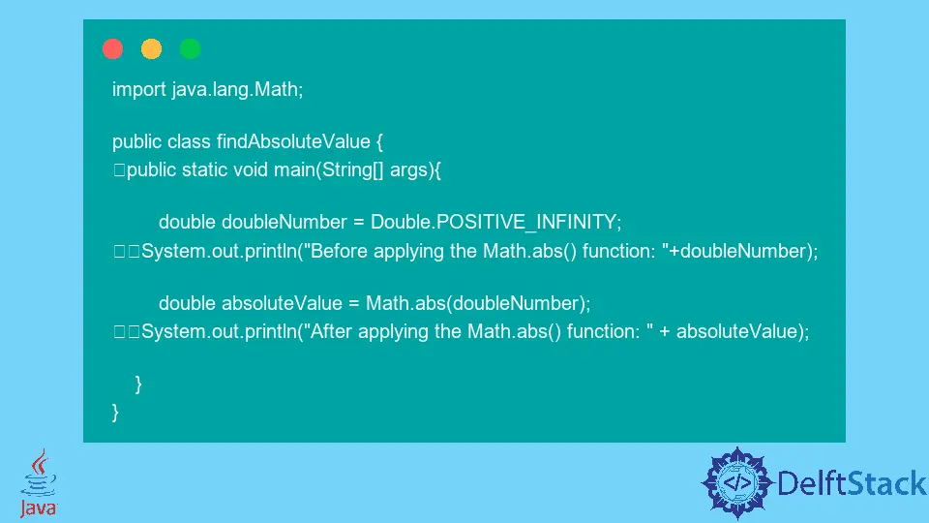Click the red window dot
[x=112, y=48]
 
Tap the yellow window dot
[x=151, y=48]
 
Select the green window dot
[x=191, y=48]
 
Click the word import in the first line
[x=139, y=89]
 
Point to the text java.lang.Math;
[x=238, y=89]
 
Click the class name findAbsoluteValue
[x=293, y=141]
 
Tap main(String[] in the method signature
[x=329, y=170]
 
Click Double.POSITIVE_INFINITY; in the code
[x=495, y=223]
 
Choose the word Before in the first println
[x=339, y=252]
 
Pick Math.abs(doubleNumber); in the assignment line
[x=478, y=303]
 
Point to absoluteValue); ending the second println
[x=743, y=331]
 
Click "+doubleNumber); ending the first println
[x=740, y=252]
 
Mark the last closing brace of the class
[x=115, y=413]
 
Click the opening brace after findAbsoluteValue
[x=379, y=142]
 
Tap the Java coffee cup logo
[x=39, y=482]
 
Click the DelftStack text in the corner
[x=852, y=483]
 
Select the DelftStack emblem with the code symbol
[x=737, y=482]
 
